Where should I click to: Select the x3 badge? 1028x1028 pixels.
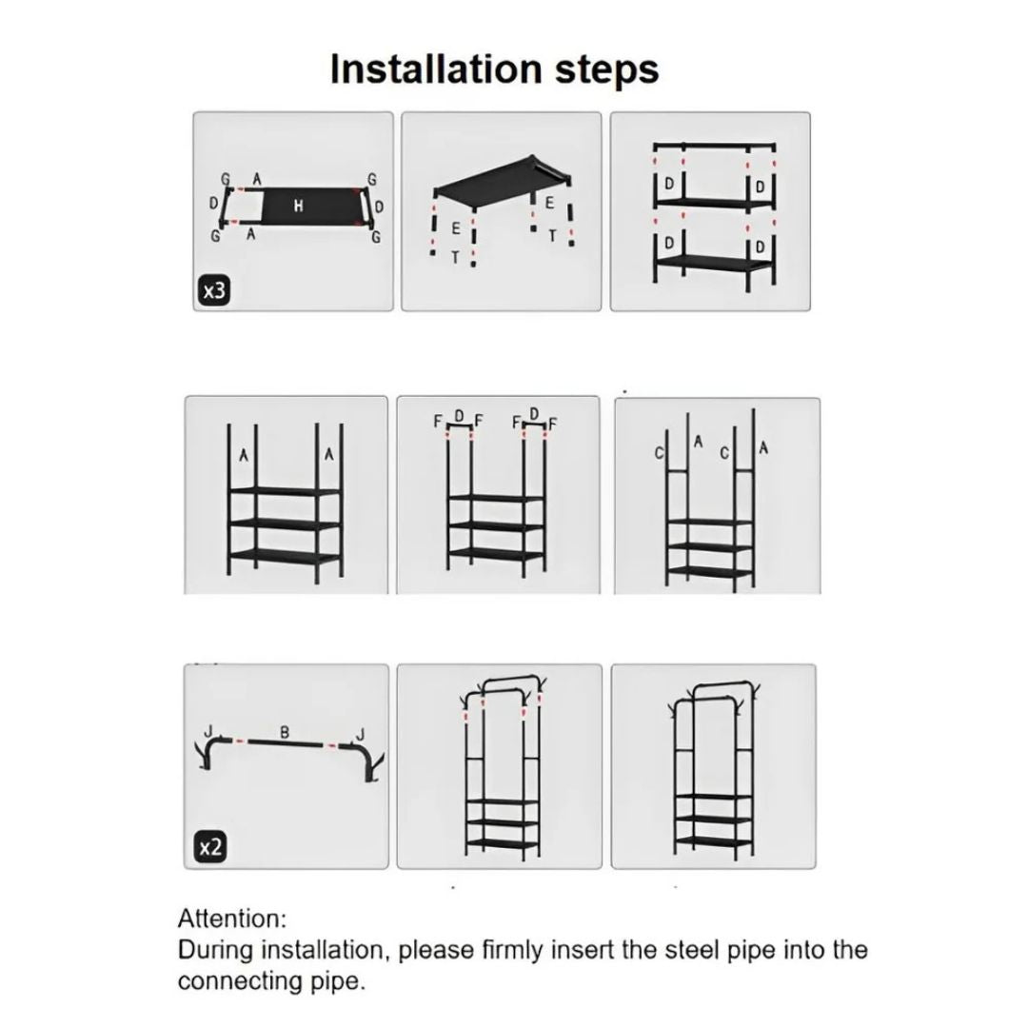point(213,290)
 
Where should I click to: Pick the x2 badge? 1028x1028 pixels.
point(210,848)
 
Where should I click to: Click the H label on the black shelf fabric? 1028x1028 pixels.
point(298,207)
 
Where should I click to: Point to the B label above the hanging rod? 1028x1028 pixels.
point(285,732)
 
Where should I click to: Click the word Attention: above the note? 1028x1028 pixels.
point(232,918)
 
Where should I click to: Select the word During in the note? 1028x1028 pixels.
point(216,950)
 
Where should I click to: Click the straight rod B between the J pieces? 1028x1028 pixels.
point(286,743)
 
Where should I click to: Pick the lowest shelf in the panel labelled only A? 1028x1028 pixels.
point(286,556)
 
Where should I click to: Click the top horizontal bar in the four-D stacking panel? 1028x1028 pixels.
point(714,147)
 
